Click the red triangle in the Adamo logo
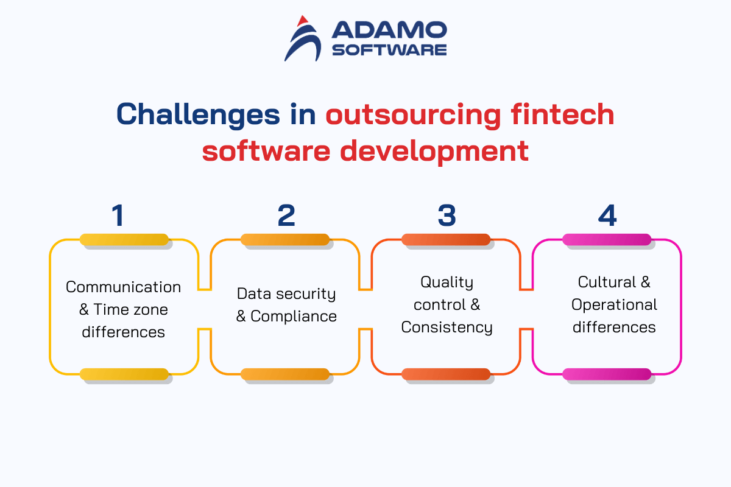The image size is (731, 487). pyautogui.click(x=303, y=21)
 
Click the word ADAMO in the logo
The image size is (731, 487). pyautogui.click(x=389, y=30)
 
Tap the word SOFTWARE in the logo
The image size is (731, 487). pyautogui.click(x=389, y=51)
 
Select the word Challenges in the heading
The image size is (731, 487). pyautogui.click(x=198, y=115)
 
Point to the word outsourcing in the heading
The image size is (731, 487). pyautogui.click(x=413, y=115)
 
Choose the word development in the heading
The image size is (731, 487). pyautogui.click(x=434, y=151)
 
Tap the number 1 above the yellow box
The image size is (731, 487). pyautogui.click(x=118, y=215)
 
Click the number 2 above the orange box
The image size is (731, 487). pyautogui.click(x=286, y=215)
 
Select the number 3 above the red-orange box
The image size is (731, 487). pyautogui.click(x=447, y=215)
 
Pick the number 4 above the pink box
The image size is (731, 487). pyautogui.click(x=607, y=215)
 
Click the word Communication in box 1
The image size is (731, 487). pyautogui.click(x=123, y=287)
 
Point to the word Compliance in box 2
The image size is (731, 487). pyautogui.click(x=294, y=317)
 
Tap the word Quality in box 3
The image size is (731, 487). pyautogui.click(x=447, y=282)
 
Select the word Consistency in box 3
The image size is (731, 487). pyautogui.click(x=447, y=328)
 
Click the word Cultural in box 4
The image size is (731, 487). pyautogui.click(x=607, y=282)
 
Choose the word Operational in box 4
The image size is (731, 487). pyautogui.click(x=614, y=305)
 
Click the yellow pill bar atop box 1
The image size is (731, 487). pyautogui.click(x=124, y=239)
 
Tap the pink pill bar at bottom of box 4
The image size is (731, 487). pyautogui.click(x=607, y=374)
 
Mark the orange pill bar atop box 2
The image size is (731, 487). pyautogui.click(x=285, y=239)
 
